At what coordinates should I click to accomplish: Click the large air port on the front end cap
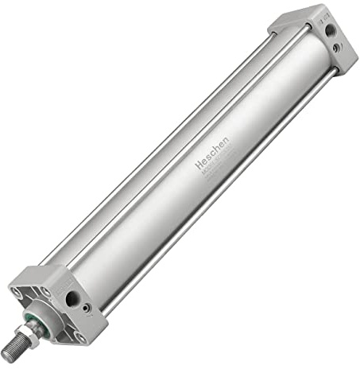pos(72,298)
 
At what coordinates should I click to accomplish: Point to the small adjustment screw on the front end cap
pos(87,308)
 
